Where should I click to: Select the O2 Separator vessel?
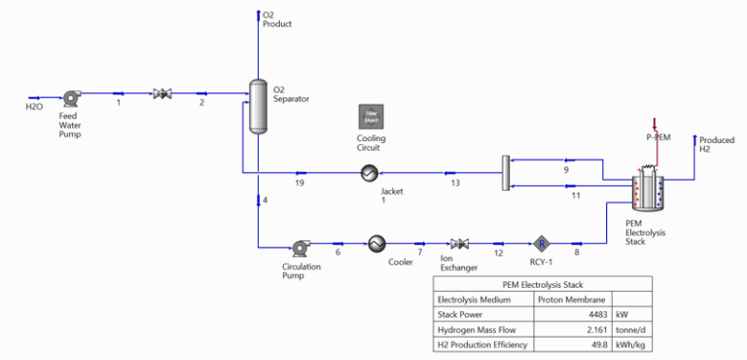click(x=258, y=104)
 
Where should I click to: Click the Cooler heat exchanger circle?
click(x=376, y=243)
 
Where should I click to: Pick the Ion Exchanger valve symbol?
click(x=457, y=243)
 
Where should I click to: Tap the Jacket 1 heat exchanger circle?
click(x=370, y=173)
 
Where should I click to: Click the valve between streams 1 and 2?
click(x=161, y=94)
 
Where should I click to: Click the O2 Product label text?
click(x=276, y=18)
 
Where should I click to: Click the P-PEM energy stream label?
click(x=658, y=137)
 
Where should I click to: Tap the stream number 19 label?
click(x=300, y=183)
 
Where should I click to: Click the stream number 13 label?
click(x=454, y=183)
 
